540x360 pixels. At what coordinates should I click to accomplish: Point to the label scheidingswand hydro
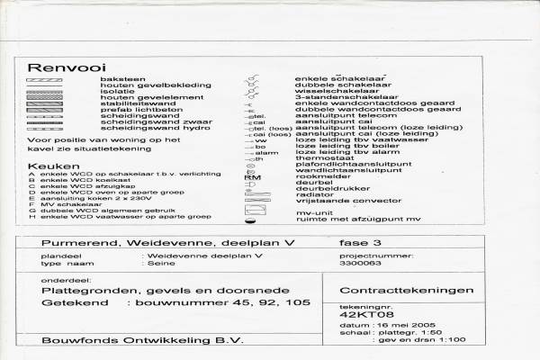(145, 128)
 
